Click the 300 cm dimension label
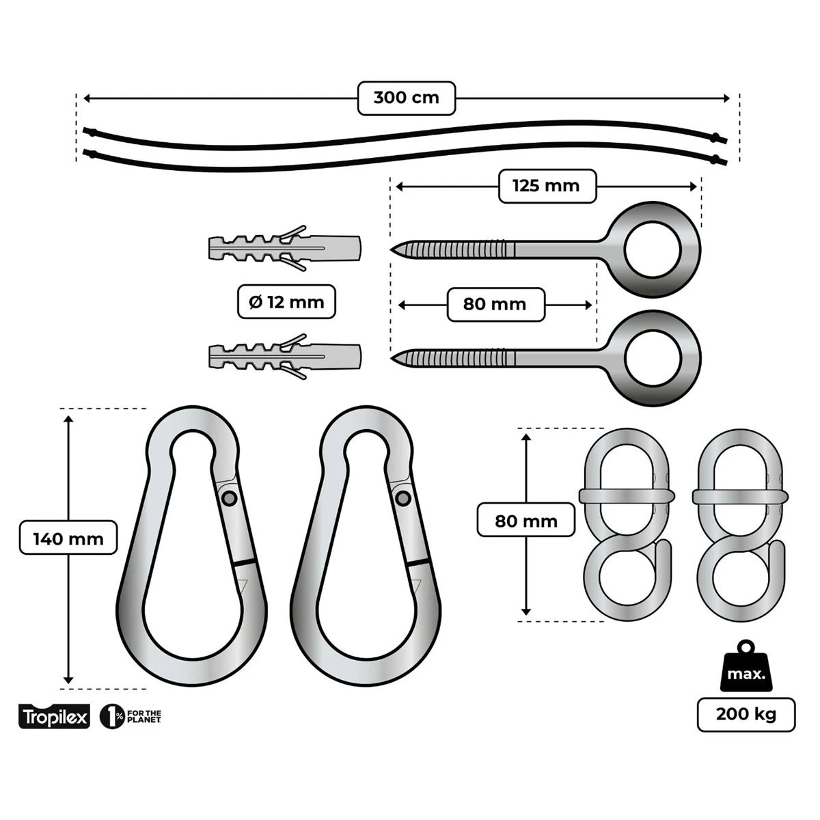[x=407, y=98]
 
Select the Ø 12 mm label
[x=287, y=301]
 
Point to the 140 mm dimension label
[x=68, y=538]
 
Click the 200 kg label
[x=746, y=715]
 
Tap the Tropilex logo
[x=54, y=717]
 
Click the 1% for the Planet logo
[x=131, y=716]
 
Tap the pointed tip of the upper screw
[x=394, y=248]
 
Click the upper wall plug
[x=284, y=248]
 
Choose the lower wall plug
[x=284, y=356]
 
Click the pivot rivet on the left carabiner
[x=230, y=498]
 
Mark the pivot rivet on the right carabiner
[x=402, y=498]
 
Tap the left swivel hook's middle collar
[x=626, y=496]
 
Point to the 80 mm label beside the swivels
[x=525, y=521]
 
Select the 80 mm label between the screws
[x=495, y=304]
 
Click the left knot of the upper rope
[x=87, y=131]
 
